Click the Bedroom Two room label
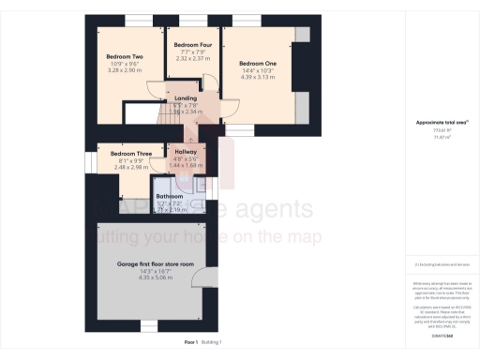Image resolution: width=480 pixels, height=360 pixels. pos(125,57)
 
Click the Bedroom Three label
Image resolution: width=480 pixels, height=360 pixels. pos(130,153)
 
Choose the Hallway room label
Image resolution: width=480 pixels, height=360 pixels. pos(186,151)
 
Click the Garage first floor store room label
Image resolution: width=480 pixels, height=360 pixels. pos(155,264)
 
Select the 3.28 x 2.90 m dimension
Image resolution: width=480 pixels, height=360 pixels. pos(125,70)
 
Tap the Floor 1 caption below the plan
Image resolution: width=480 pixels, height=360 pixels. pos(190,344)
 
